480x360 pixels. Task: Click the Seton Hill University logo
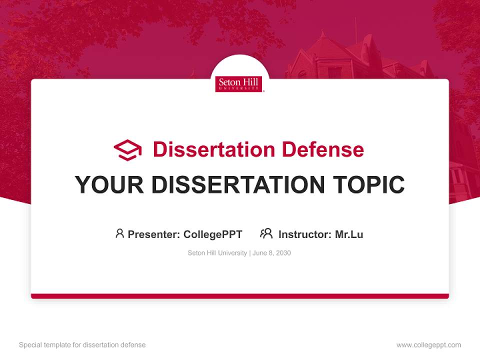pos(239,84)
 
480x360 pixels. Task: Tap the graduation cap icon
pos(127,150)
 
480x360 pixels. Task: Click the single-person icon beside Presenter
pos(119,233)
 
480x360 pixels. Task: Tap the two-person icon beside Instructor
pos(266,233)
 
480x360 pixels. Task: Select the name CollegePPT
pos(212,234)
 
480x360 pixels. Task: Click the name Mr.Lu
pos(349,234)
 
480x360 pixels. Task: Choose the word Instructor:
pos(305,234)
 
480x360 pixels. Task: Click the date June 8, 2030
pos(271,253)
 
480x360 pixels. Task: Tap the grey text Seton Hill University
pos(217,253)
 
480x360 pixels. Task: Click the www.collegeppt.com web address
pos(428,345)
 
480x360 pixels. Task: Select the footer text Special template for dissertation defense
pos(82,345)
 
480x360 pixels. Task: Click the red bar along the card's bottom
pos(240,296)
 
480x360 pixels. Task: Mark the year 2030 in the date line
pos(283,253)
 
